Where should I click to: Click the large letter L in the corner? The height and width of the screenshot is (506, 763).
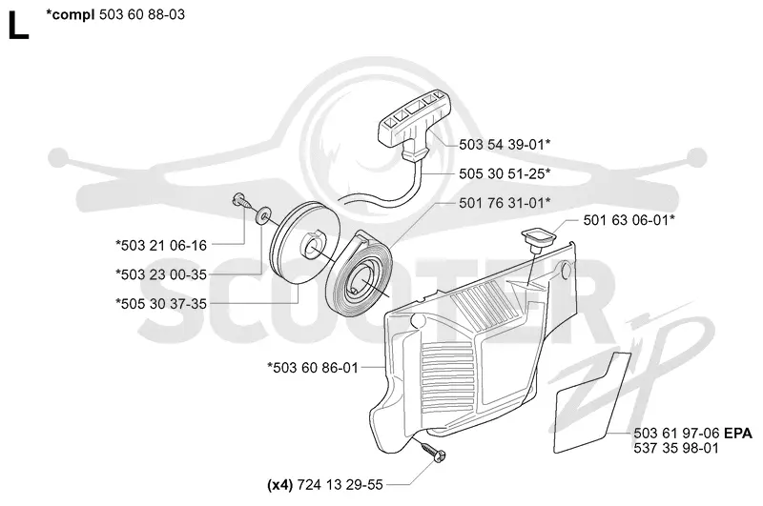pos(18,26)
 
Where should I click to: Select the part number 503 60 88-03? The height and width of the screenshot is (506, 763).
pos(142,14)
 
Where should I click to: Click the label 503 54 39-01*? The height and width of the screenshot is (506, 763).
pos(505,144)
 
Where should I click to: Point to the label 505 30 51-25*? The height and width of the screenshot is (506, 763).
pos(505,173)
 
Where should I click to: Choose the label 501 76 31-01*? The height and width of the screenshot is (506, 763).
pos(505,203)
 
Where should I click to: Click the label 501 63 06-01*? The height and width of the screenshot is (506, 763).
pos(629,220)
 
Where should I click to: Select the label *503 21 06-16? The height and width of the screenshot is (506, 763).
pos(161,245)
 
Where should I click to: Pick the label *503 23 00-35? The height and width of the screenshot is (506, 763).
pos(161,274)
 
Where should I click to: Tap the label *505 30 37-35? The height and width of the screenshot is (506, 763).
pos(161,303)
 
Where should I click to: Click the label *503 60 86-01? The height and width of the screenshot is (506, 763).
pos(313,368)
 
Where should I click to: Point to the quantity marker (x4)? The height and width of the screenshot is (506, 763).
pos(279,485)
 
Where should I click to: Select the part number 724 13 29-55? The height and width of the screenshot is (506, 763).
pos(340,485)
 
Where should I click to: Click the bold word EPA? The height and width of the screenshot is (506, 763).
pos(737,433)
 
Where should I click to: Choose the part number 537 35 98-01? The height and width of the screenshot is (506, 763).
pos(676,448)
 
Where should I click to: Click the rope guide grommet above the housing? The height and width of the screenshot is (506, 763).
pos(538,238)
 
